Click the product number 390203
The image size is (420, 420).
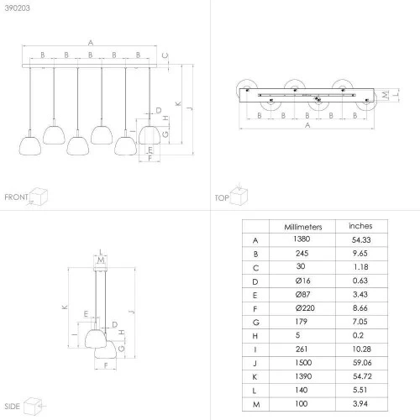coord(17,8)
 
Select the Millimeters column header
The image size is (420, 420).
coord(303,227)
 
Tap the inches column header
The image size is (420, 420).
coord(360,226)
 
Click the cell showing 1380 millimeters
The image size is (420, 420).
coord(302,239)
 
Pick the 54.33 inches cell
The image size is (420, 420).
coord(361,239)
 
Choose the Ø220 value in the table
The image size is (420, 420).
coord(305,308)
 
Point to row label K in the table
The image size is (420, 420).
coord(255,377)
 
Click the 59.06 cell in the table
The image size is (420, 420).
coord(362,363)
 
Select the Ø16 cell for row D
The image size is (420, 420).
coord(302,281)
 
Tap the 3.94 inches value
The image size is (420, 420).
coord(360,403)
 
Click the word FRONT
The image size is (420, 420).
coord(16,197)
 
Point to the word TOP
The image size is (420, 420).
coord(222,198)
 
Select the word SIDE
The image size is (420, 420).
coord(12,407)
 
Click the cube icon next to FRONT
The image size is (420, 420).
coord(39,197)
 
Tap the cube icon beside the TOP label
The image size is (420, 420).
coord(239,195)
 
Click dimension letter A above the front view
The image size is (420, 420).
coord(91,43)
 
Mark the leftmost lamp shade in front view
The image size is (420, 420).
coord(30,145)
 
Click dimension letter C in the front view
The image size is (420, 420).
coord(165,55)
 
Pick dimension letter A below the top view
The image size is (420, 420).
coord(307,125)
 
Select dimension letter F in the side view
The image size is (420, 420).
coord(106,365)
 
